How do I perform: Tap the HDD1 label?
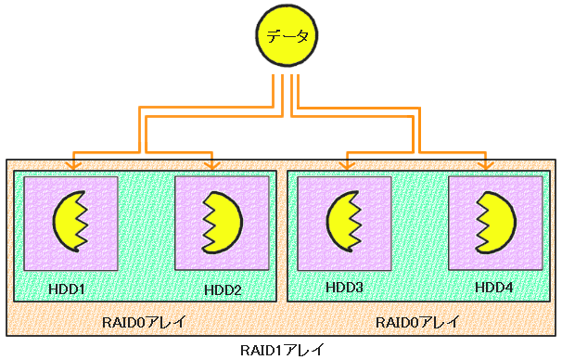[67, 289]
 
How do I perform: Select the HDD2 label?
[223, 289]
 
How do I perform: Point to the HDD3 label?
[344, 288]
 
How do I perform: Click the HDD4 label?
[493, 288]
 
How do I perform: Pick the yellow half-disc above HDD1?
[70, 223]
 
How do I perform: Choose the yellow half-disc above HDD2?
[223, 223]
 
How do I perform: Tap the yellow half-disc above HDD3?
[343, 223]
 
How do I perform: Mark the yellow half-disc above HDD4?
[496, 223]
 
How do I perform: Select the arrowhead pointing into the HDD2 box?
[212, 165]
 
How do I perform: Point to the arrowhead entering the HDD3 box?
[347, 165]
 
